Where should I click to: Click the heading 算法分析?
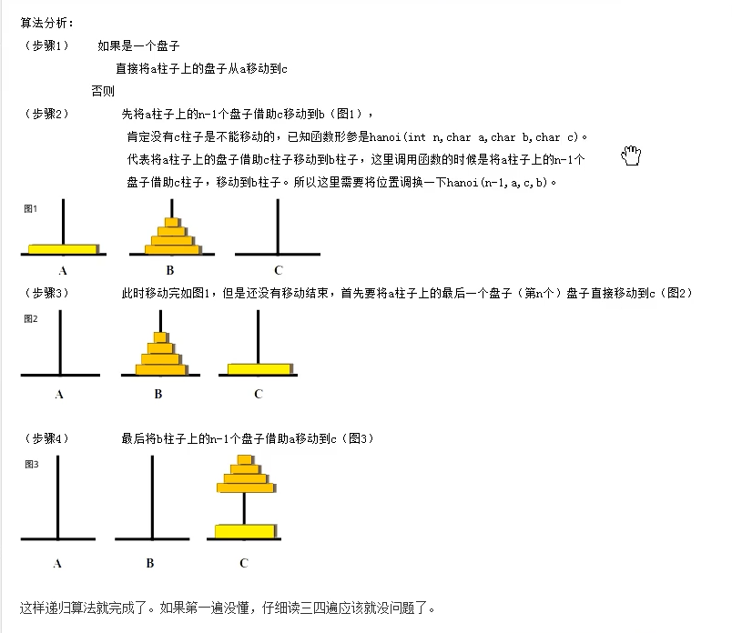coord(46,22)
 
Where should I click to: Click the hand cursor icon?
coord(631,156)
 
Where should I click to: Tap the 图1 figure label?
coord(31,209)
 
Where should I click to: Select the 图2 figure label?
coord(31,318)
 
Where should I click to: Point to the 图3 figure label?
coord(31,464)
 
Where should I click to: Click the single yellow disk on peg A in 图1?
coord(63,248)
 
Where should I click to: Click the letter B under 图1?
coord(169,270)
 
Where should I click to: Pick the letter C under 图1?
coord(279,270)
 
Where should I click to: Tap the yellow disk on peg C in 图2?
coord(258,369)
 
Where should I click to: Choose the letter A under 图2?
coord(59,394)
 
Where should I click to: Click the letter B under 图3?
coord(150,563)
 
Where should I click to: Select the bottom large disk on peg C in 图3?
coord(244,530)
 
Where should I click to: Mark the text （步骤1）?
coord(46,45)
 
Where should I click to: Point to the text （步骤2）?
coord(46,114)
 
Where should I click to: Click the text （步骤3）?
coord(46,293)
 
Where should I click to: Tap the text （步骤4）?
coord(46,438)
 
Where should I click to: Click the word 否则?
coord(103,91)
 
